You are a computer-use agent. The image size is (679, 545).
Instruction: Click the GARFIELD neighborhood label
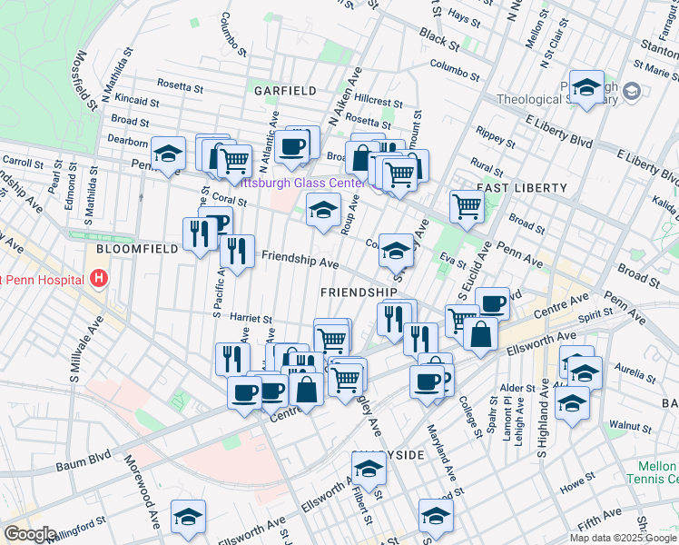284,91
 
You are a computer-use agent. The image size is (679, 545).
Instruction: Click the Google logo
29,534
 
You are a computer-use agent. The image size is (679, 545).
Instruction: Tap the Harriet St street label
251,319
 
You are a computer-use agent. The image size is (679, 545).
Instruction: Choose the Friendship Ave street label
300,262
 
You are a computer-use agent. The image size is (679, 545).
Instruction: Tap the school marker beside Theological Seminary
586,88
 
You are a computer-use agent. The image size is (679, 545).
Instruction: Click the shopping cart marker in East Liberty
466,205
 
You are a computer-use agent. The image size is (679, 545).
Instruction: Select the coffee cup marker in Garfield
291,146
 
